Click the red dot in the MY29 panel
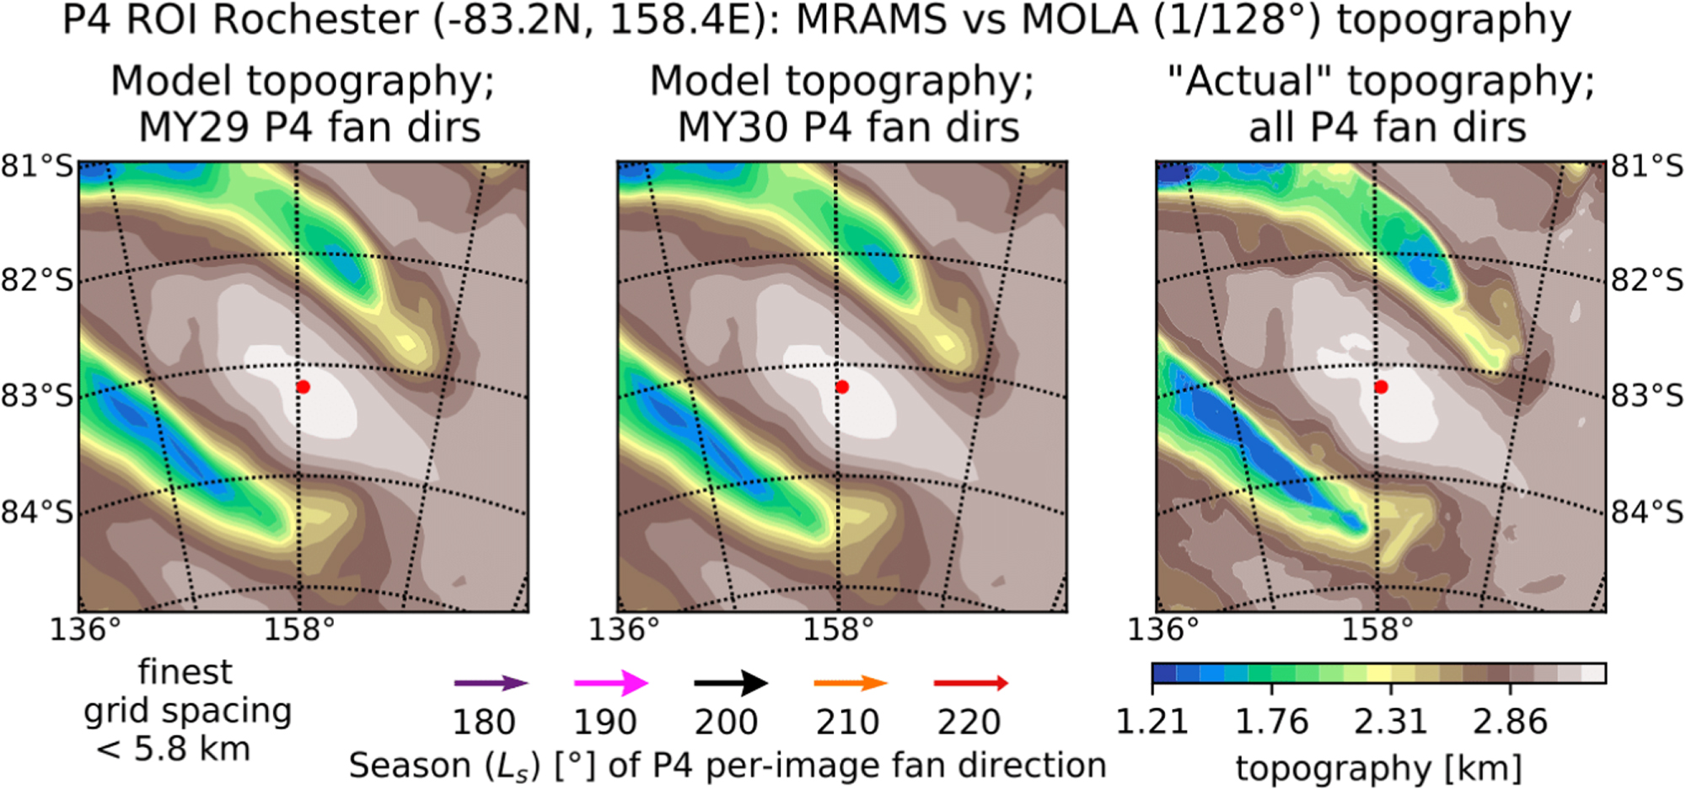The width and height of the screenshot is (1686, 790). pyautogui.click(x=303, y=387)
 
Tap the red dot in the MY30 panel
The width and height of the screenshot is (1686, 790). pyautogui.click(x=842, y=387)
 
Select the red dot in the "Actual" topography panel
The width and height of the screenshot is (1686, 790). pyautogui.click(x=1381, y=387)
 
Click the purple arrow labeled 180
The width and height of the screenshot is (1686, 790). pyautogui.click(x=491, y=684)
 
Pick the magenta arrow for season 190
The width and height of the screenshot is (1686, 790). pyautogui.click(x=610, y=684)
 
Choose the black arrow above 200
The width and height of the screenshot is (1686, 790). pyautogui.click(x=731, y=684)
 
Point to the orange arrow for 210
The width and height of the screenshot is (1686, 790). pyautogui.click(x=851, y=684)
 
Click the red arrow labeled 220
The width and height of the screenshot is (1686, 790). pyautogui.click(x=971, y=684)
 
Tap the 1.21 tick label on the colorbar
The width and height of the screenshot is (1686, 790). pyautogui.click(x=1152, y=723)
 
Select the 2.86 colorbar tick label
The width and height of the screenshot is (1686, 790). pyautogui.click(x=1510, y=723)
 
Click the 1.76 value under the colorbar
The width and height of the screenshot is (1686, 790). pyautogui.click(x=1271, y=723)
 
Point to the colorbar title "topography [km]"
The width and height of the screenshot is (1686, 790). pyautogui.click(x=1378, y=768)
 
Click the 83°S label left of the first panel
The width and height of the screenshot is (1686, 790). pyautogui.click(x=37, y=395)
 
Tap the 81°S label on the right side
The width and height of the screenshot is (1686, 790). pyautogui.click(x=1647, y=166)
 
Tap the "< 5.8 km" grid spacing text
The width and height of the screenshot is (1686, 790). pyautogui.click(x=173, y=749)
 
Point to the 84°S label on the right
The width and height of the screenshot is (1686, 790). pyautogui.click(x=1647, y=512)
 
